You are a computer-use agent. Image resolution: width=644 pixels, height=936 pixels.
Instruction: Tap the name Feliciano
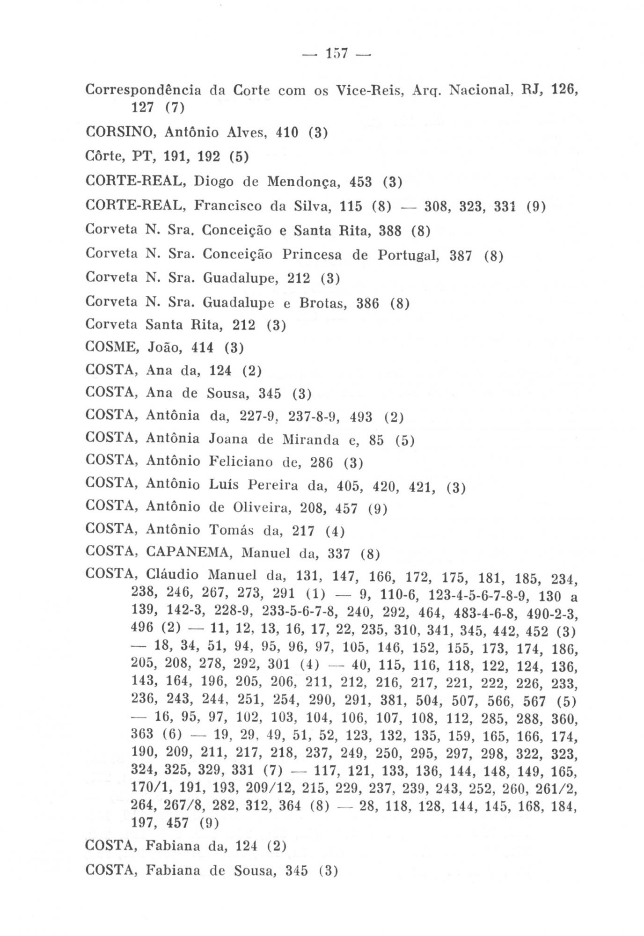(241, 462)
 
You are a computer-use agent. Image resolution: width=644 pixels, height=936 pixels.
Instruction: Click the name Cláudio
(172, 574)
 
